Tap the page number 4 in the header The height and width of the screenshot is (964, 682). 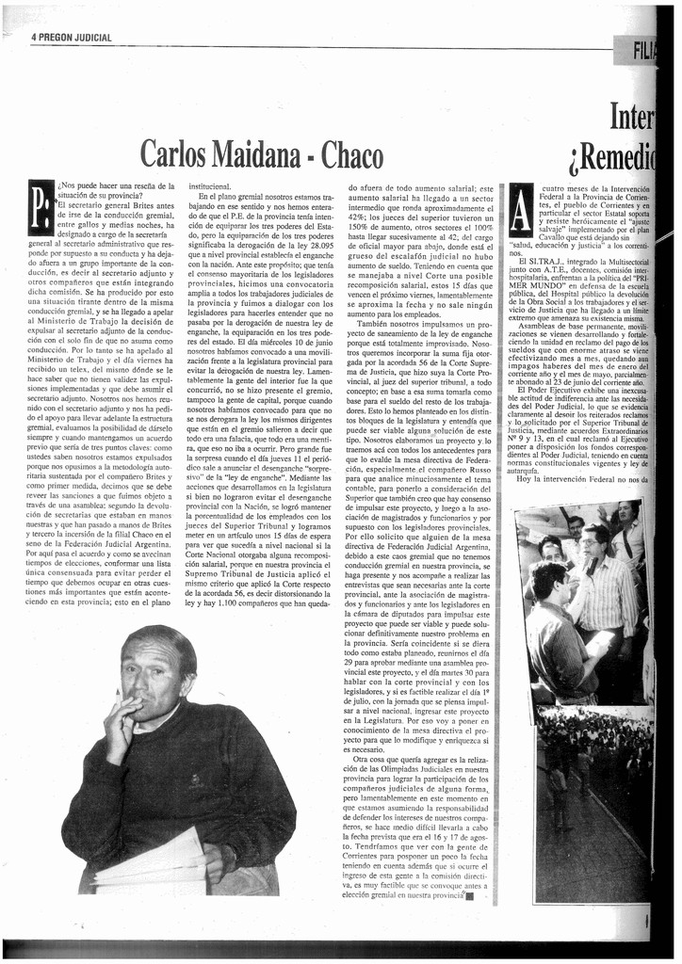pyautogui.click(x=34, y=38)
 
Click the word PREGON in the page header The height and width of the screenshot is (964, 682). pyautogui.click(x=60, y=38)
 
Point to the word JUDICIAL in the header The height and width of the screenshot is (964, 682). pyautogui.click(x=97, y=38)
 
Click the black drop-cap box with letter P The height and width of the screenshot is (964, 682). pyautogui.click(x=41, y=209)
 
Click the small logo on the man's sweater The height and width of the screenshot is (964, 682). pyautogui.click(x=194, y=779)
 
